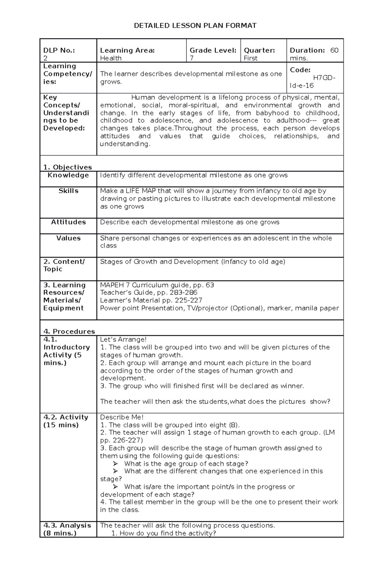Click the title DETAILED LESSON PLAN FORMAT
tap(195, 26)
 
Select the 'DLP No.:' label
tap(59, 50)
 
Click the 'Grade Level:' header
tap(213, 50)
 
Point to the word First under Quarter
tap(251, 58)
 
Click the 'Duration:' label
tap(307, 50)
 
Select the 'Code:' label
tap(300, 70)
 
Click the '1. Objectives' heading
tap(68, 167)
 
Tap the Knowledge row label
tap(68, 175)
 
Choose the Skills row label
tap(68, 191)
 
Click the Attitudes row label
tap(68, 222)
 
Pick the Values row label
tap(68, 238)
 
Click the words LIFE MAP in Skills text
tap(140, 191)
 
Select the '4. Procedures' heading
tap(69, 331)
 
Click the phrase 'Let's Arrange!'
tap(123, 339)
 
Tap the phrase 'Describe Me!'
tap(122, 417)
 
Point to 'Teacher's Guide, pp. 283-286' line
tap(149, 293)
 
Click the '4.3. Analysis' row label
tap(67, 525)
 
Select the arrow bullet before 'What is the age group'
tap(115, 464)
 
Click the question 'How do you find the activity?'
tap(168, 533)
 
